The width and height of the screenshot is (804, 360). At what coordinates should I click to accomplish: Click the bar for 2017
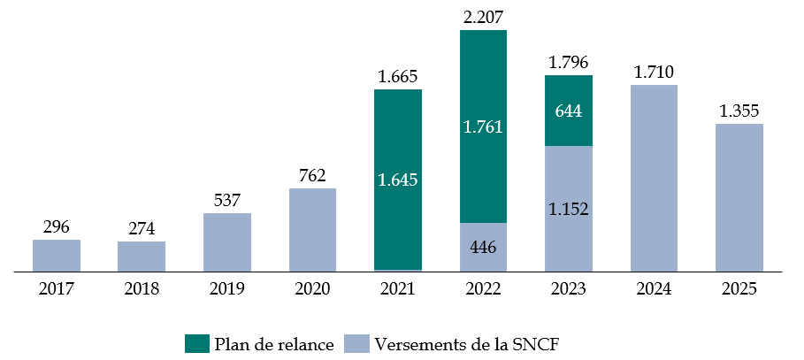[57, 255]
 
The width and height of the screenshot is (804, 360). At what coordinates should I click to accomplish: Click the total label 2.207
[483, 16]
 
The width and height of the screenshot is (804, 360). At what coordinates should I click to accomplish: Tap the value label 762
[312, 174]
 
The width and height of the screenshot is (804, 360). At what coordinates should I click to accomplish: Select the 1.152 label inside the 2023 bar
[568, 210]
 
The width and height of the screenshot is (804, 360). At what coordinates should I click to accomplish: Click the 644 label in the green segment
[568, 112]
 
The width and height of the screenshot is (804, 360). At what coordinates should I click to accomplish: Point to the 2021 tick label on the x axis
[398, 289]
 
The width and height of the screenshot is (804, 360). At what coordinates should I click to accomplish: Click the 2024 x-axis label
[654, 289]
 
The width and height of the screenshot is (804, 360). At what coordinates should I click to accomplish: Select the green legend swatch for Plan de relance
[195, 344]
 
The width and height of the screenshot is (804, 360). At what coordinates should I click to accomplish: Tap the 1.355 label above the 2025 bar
[739, 111]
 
